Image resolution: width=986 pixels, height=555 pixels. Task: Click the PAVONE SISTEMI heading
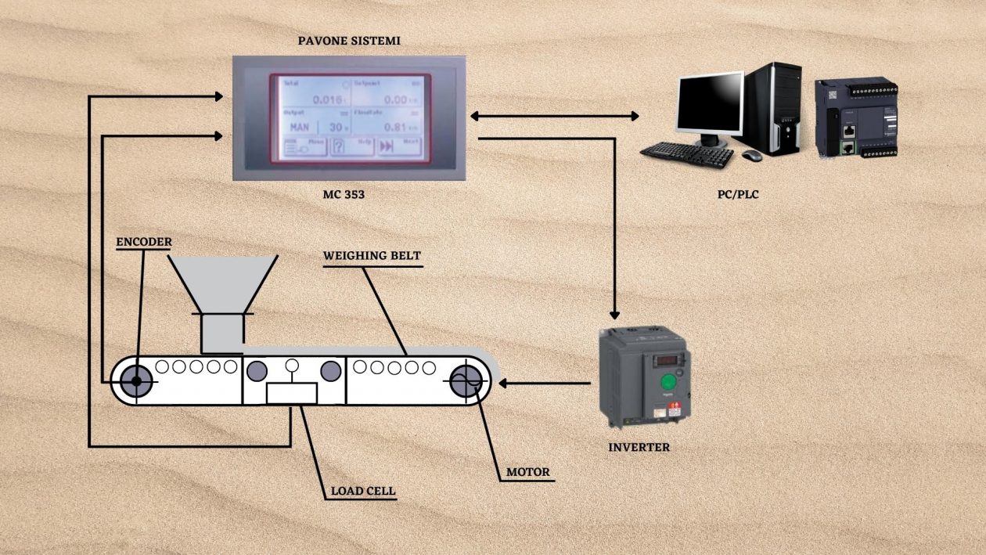348,41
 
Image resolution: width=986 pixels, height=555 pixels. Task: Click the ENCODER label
143,242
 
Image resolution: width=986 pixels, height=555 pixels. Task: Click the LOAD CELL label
362,492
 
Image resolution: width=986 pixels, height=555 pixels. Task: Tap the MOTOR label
527,472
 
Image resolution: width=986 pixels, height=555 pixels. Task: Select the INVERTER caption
639,448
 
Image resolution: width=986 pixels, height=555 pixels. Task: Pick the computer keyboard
687,152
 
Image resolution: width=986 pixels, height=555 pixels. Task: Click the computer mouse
751,155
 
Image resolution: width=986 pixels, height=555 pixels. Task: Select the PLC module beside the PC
855,119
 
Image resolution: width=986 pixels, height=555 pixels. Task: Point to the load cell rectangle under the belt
291,393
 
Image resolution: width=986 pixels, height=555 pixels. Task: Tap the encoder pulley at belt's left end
136,381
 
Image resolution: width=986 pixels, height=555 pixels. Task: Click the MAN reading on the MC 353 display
300,127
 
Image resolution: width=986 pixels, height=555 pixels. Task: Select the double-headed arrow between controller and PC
554,116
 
